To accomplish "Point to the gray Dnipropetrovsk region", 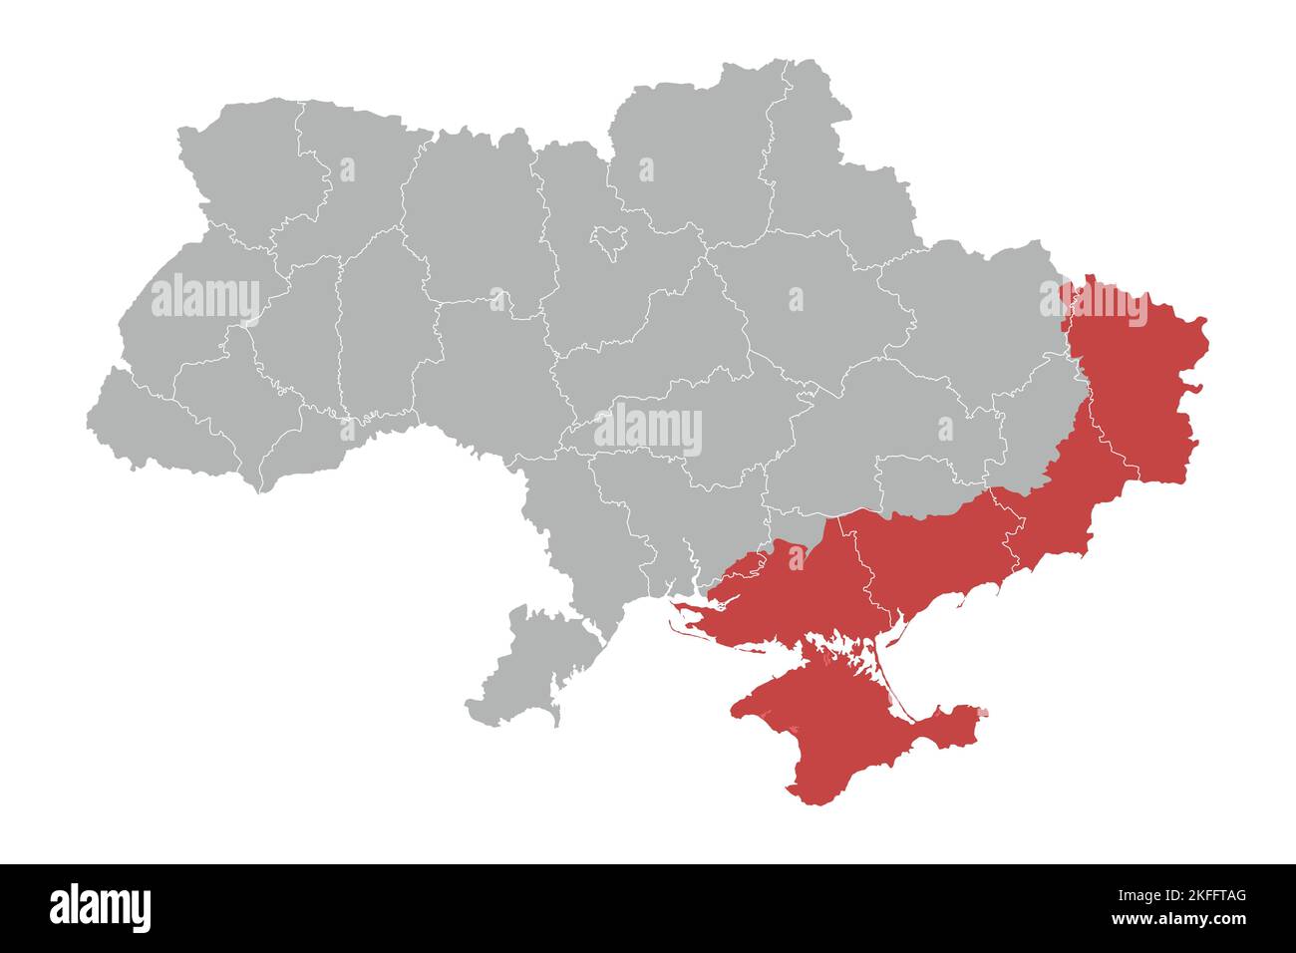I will (877, 419).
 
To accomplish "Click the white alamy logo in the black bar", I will (100, 907).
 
